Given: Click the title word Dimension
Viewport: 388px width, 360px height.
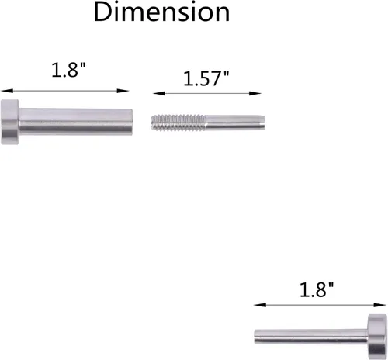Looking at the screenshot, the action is [161, 12].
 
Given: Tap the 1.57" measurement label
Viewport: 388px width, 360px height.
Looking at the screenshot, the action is [206, 78].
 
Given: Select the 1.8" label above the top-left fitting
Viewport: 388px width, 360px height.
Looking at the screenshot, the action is [68, 70].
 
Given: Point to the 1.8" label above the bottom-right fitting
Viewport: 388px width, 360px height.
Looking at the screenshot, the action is [317, 289].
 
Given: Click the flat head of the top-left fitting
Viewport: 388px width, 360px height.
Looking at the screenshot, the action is [10, 122].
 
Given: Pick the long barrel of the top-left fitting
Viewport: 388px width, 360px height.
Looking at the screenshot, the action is [75, 122].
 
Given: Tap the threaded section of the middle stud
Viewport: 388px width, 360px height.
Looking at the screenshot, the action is [178, 123].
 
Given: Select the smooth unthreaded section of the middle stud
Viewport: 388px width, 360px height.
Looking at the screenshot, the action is [235, 123].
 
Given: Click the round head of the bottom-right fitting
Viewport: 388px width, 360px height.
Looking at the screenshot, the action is [377, 335].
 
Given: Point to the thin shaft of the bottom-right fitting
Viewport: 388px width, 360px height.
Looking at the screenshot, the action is [311, 336].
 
